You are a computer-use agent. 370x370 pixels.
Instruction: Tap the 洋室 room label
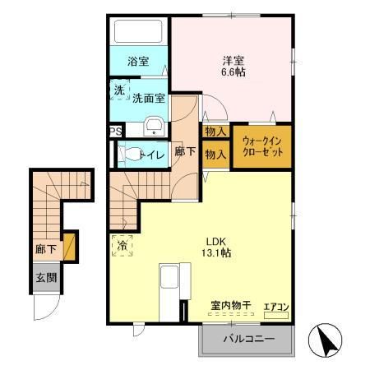233,59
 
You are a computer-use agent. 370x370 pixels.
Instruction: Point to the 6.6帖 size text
233,72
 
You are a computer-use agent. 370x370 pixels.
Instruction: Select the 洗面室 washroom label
150,96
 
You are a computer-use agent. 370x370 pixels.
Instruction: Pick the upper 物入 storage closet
215,132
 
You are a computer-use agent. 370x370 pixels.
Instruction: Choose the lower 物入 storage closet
215,154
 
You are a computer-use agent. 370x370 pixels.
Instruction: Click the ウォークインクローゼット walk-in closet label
261,146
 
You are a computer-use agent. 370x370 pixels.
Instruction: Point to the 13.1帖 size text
217,253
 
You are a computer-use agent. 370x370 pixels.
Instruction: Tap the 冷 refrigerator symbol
122,245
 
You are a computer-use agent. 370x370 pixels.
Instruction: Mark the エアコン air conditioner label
275,308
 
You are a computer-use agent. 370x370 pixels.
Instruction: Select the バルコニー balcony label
247,339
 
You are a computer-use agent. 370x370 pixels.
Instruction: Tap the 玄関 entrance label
46,278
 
